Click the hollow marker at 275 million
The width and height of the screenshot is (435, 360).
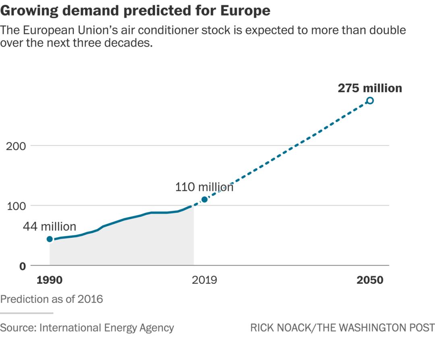(370, 100)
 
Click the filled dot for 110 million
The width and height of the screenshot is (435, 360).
(204, 200)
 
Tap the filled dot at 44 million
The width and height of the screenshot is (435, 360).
(50, 239)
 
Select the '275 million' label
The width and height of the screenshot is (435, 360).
(369, 88)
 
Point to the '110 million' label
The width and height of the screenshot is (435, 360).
(204, 187)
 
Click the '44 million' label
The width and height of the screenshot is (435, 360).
(49, 227)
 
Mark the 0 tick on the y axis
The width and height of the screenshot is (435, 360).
(22, 266)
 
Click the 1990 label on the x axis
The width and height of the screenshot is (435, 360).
(50, 280)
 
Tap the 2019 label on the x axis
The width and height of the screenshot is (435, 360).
(204, 280)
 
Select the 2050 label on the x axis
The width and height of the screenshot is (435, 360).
(370, 280)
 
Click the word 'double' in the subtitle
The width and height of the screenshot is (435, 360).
(384, 30)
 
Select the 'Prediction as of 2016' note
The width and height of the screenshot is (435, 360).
(52, 299)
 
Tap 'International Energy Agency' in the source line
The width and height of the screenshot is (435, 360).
(107, 328)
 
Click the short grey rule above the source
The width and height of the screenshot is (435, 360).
(27, 313)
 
